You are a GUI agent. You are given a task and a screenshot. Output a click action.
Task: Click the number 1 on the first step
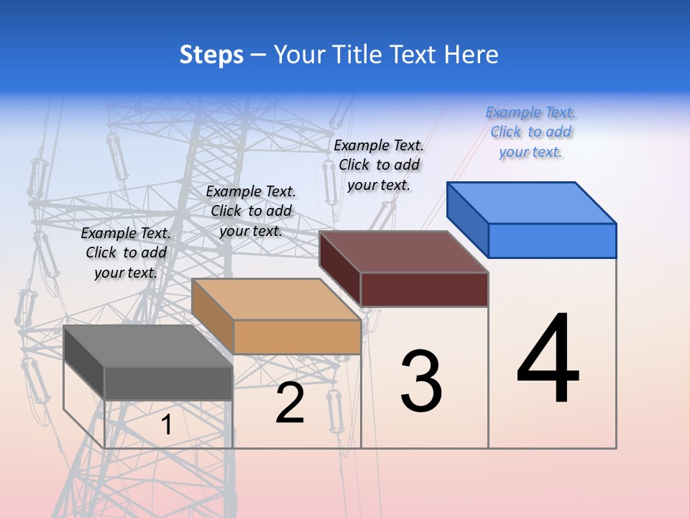tap(167, 425)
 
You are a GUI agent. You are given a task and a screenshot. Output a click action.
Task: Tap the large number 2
tap(290, 403)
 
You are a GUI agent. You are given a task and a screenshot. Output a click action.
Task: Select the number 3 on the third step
tap(421, 381)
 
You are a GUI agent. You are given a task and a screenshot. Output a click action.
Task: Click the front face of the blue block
tap(552, 240)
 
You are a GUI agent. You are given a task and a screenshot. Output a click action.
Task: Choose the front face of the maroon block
tap(424, 289)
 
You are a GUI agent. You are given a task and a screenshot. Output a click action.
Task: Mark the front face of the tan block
tap(297, 337)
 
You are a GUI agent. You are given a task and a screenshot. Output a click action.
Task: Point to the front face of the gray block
tap(169, 383)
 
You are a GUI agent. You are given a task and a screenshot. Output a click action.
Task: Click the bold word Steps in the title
tap(211, 55)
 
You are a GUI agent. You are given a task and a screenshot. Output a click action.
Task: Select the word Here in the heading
tap(471, 55)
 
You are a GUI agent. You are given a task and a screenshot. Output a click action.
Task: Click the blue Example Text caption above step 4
tap(530, 132)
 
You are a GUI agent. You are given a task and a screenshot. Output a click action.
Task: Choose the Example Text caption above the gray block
tap(126, 253)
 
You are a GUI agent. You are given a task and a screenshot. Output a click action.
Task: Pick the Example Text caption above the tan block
tap(251, 211)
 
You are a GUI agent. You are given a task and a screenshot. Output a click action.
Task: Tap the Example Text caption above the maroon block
tap(379, 165)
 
